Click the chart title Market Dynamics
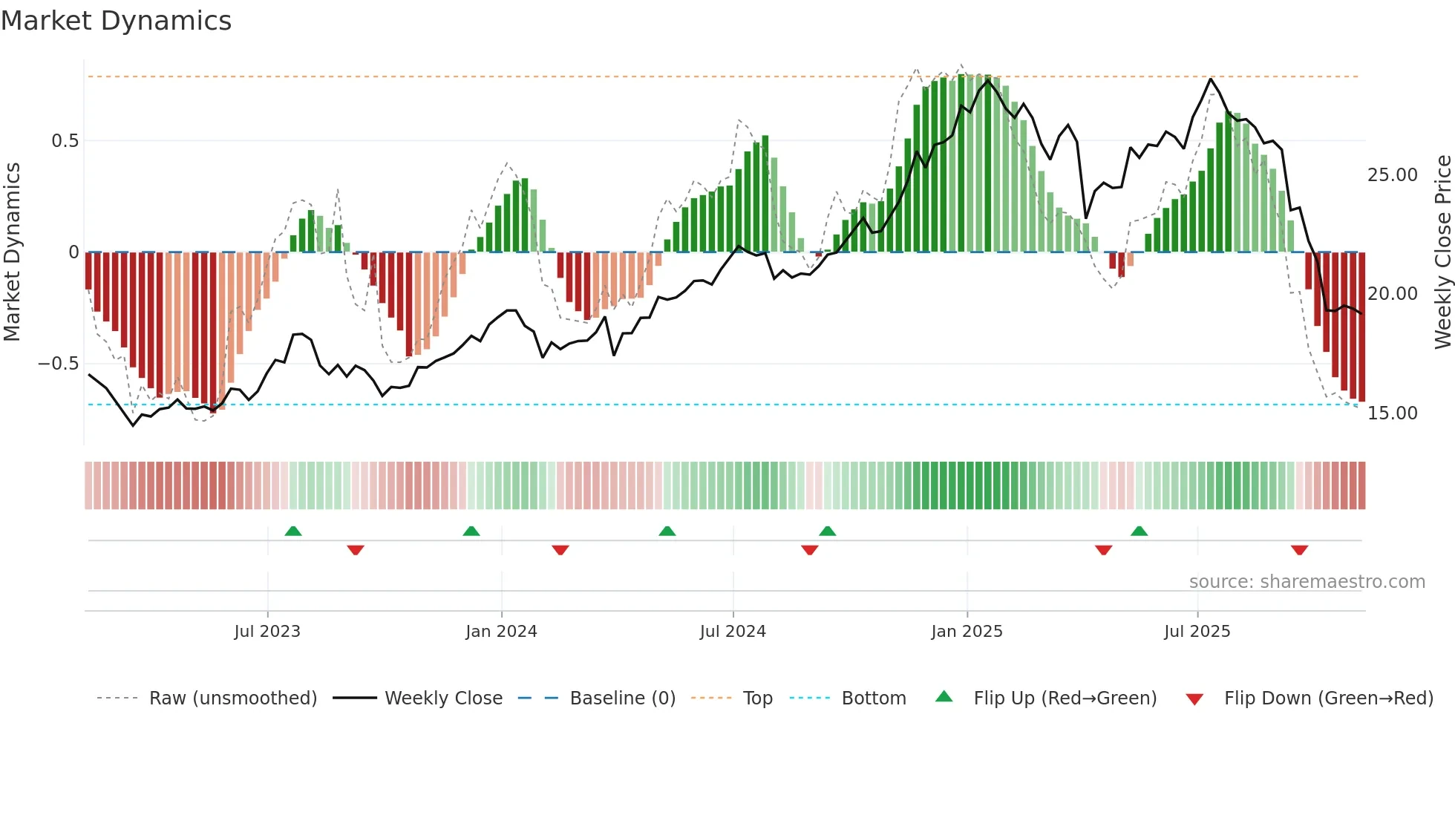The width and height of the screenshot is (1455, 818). coord(116,21)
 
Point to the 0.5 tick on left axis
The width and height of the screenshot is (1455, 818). coord(65,141)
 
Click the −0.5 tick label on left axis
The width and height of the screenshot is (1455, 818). coord(58,364)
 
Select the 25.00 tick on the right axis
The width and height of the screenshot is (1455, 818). coord(1392,175)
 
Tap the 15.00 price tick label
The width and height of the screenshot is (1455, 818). coord(1392,413)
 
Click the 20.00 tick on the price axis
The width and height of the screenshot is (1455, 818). coord(1392,294)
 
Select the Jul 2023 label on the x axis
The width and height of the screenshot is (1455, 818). coord(267,632)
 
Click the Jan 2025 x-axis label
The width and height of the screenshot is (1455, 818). coord(967,632)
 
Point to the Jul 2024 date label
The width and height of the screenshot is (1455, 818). coord(733,632)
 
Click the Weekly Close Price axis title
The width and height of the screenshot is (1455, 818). coord(1442,252)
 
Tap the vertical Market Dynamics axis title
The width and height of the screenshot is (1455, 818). coord(13,252)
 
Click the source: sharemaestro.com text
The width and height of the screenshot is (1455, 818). coord(1307,582)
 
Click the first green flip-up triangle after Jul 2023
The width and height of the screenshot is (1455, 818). coord(293,531)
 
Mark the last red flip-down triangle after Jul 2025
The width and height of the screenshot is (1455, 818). coord(1299,550)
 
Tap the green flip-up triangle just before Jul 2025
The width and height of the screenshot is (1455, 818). coord(1139,531)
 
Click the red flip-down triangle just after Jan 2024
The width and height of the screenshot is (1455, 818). coord(560,550)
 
